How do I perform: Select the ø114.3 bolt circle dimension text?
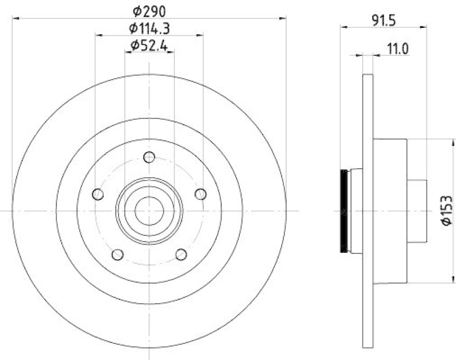(149, 27)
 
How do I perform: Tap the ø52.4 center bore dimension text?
(149, 46)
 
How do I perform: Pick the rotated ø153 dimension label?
(446, 210)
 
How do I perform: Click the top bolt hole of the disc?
(149, 157)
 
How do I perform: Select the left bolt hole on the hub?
(99, 194)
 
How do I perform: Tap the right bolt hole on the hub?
(200, 194)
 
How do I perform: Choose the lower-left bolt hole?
(118, 254)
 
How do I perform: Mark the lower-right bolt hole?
(181, 254)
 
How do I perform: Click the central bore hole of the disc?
(149, 211)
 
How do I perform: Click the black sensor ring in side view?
(344, 210)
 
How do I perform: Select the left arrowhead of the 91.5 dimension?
(343, 26)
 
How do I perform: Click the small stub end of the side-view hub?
(418, 210)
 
